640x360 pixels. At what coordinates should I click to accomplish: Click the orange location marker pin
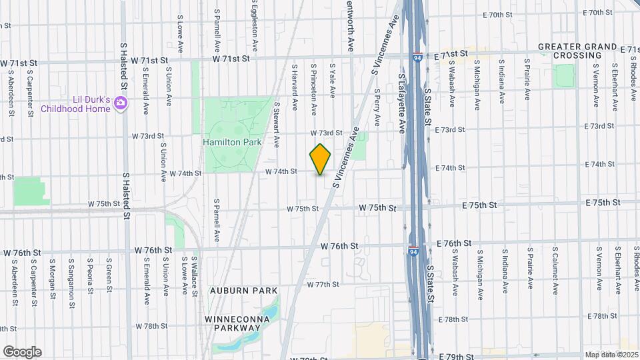coord(321,159)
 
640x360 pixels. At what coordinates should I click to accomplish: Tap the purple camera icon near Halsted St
coord(121,102)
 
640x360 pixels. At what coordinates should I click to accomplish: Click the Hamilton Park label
coord(232,142)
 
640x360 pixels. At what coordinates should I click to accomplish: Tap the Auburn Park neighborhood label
coord(233,291)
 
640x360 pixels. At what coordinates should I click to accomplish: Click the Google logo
coord(22,351)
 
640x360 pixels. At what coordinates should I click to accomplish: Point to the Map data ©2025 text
coord(611,355)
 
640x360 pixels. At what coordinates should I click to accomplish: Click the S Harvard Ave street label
coord(293,87)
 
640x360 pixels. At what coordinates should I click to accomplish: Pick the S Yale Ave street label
coord(332,80)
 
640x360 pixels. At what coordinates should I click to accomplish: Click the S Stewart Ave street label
coord(277,124)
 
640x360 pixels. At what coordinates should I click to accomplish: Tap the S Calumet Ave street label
coord(554,270)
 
